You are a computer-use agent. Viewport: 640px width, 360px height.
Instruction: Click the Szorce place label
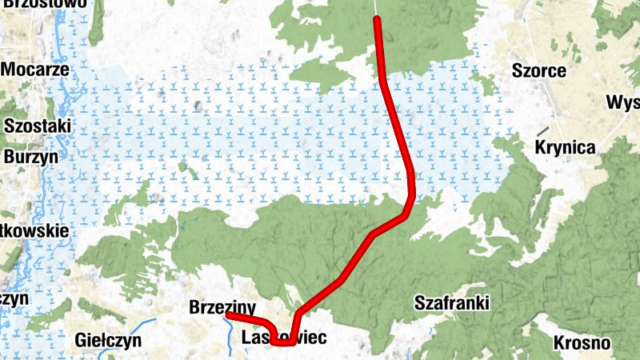click(x=538, y=71)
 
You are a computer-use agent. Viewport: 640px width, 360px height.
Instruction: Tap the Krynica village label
click(x=566, y=148)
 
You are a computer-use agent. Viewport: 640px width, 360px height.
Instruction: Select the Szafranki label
click(x=451, y=302)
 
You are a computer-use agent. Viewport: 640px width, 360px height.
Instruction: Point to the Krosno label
click(x=582, y=343)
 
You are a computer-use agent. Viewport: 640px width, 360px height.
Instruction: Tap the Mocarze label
click(x=34, y=69)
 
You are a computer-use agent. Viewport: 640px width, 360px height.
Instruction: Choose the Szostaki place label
click(x=38, y=126)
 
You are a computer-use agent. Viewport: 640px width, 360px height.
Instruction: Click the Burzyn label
click(x=31, y=157)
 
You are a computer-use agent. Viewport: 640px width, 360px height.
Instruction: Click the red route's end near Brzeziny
click(x=228, y=316)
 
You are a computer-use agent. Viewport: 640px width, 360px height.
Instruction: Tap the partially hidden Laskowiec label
click(x=283, y=338)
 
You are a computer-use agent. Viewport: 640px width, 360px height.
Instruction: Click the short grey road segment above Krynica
click(x=543, y=130)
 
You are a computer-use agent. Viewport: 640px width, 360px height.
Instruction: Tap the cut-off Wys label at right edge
click(x=623, y=102)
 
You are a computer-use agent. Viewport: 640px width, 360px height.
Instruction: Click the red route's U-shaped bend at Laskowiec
click(x=282, y=342)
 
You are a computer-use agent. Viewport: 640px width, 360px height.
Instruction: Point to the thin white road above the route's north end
click(x=375, y=7)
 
